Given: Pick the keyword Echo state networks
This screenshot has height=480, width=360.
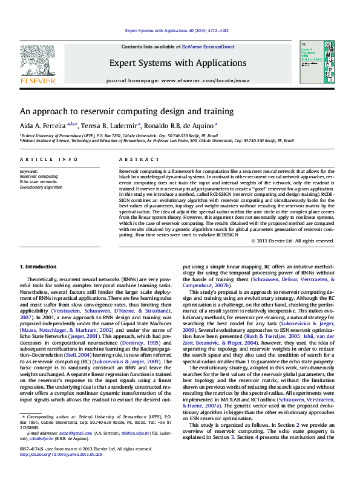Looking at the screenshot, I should click(x=38, y=181).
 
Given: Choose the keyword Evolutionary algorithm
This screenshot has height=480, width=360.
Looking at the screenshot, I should click(x=41, y=187).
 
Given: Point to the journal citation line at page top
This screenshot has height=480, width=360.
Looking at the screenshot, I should click(x=177, y=30).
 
